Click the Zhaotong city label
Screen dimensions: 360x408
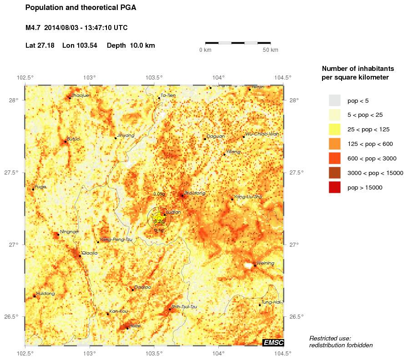pos(194,193)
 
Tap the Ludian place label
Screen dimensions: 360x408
pos(174,212)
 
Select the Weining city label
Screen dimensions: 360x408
pos(266,263)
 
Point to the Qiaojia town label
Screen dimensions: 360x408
pos(90,253)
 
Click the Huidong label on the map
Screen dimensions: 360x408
pos(45,294)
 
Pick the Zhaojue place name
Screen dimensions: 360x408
pos(80,95)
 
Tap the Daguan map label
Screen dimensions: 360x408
pos(216,136)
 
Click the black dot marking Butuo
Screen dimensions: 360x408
pos(65,141)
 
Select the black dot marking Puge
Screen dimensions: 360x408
pos(33,189)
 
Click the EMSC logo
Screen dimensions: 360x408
pos(273,342)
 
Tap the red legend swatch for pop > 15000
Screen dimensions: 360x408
pos(334,187)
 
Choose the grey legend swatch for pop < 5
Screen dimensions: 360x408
pos(334,100)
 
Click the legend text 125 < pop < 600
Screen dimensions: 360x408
pos(370,144)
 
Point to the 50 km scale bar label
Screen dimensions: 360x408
pos(271,50)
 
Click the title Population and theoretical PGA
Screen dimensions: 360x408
pos(81,8)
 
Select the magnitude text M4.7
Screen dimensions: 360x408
pos(33,28)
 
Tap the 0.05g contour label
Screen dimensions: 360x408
pos(159,194)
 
